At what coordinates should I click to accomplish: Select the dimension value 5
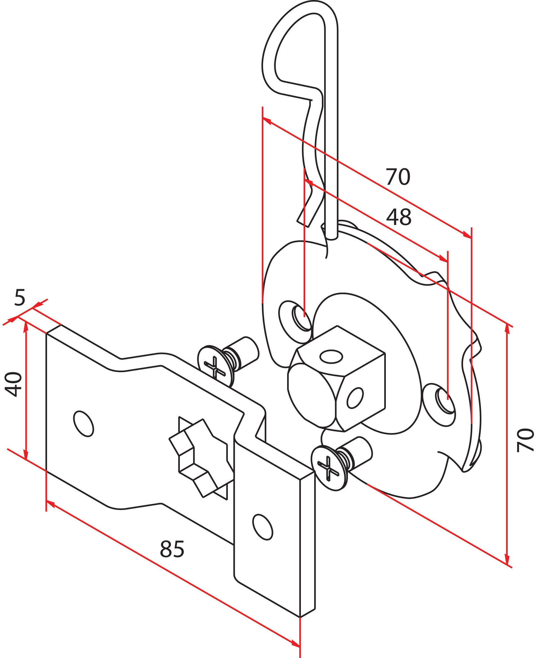coord(20,299)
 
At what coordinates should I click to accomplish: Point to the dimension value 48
coord(398,217)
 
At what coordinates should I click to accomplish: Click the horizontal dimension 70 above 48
coord(398,177)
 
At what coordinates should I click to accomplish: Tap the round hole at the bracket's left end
coord(83,423)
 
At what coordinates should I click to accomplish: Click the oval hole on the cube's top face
coord(331,356)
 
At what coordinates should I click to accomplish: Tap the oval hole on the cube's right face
coord(355,398)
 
